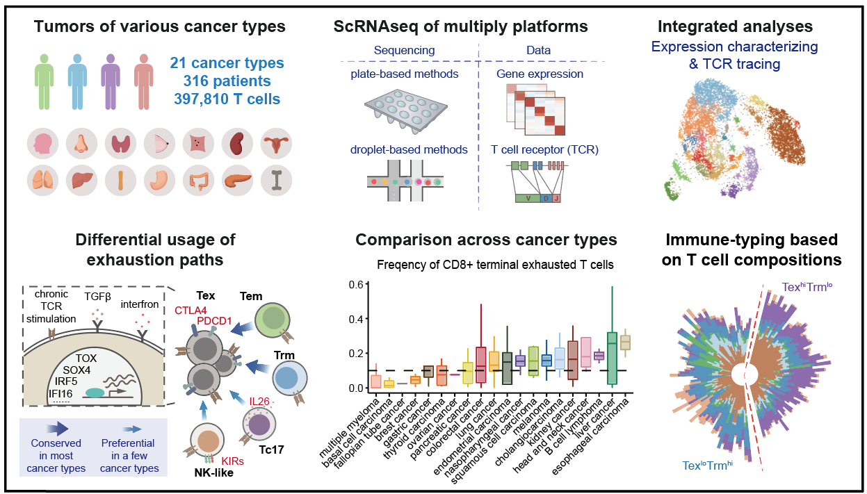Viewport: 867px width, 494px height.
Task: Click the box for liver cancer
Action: tap(612, 358)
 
